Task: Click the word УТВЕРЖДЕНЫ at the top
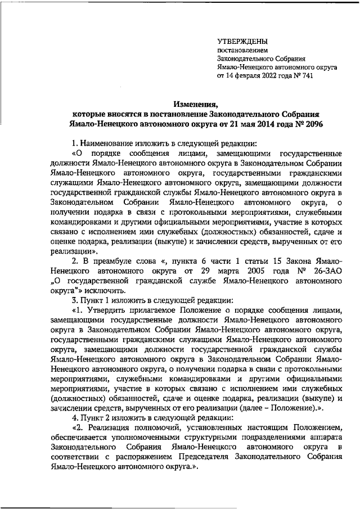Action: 242,42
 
